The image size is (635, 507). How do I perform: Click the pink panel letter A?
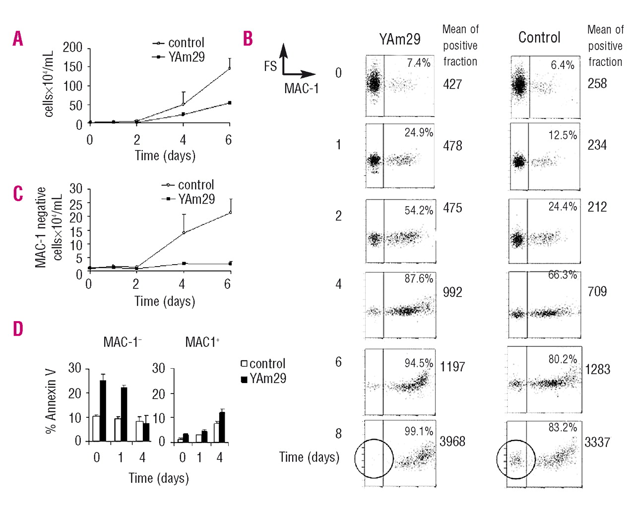coord(18,38)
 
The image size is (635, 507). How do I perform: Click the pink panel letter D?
coord(18,329)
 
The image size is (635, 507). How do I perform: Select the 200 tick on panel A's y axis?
coord(72,48)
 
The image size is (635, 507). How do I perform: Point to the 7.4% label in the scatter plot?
coord(418,63)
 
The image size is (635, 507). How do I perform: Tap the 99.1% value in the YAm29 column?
coord(418,431)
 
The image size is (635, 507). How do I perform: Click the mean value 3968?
coord(452,441)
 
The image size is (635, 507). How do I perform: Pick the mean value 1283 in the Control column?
coord(597,369)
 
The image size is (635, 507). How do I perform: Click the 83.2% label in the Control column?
coord(563,427)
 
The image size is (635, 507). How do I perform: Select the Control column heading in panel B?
coord(539,38)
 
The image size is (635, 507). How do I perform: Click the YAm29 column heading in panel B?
coord(399,39)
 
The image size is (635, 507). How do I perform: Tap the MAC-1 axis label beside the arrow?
coord(301,89)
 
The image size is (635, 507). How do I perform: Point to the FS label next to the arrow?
coord(270,66)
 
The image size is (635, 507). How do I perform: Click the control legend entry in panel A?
coord(186,43)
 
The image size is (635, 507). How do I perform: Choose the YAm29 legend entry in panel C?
coord(196,199)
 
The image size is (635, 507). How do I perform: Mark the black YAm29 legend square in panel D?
coord(244,379)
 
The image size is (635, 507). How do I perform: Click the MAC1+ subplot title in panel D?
coord(202,342)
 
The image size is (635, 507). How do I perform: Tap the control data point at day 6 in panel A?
coord(229,67)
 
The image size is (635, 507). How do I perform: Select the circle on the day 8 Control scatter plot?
coord(516,459)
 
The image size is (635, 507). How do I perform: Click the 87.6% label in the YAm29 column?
coord(418,279)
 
